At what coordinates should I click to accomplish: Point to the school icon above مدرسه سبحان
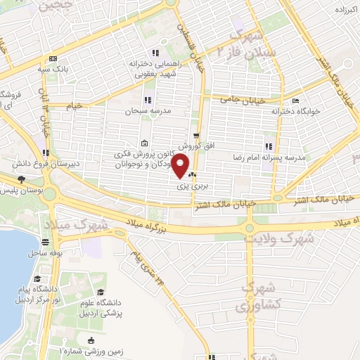[147, 101]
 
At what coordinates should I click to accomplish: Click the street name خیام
[73, 105]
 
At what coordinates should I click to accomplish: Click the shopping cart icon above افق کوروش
[196, 135]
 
